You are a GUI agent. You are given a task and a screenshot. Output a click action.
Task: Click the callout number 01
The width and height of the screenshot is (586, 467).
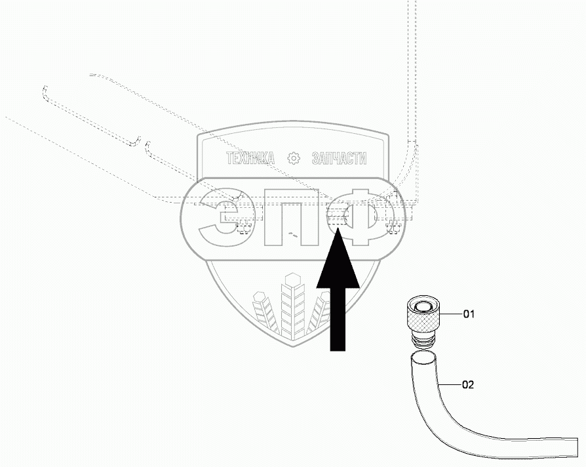pos(469,314)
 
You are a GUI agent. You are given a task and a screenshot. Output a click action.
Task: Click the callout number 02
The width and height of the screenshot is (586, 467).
pos(468,385)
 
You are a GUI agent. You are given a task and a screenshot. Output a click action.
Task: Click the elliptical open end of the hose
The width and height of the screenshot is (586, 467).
pos(423,359)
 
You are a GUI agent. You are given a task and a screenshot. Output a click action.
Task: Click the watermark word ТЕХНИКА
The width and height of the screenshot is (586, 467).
pos(250,159)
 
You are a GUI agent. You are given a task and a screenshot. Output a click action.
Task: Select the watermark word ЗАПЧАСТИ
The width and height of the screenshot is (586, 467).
pos(340,159)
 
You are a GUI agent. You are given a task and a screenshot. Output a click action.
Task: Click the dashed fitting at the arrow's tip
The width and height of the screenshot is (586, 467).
pos(338,222)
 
